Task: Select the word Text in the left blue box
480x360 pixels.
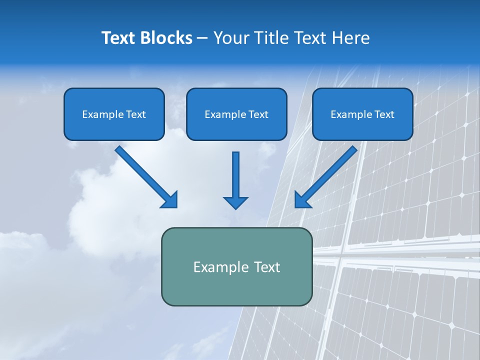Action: (x=136, y=114)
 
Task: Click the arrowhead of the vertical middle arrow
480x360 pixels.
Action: (x=235, y=202)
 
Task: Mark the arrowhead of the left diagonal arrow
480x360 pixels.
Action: (x=170, y=200)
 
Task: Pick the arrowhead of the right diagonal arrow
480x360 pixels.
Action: (x=302, y=200)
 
